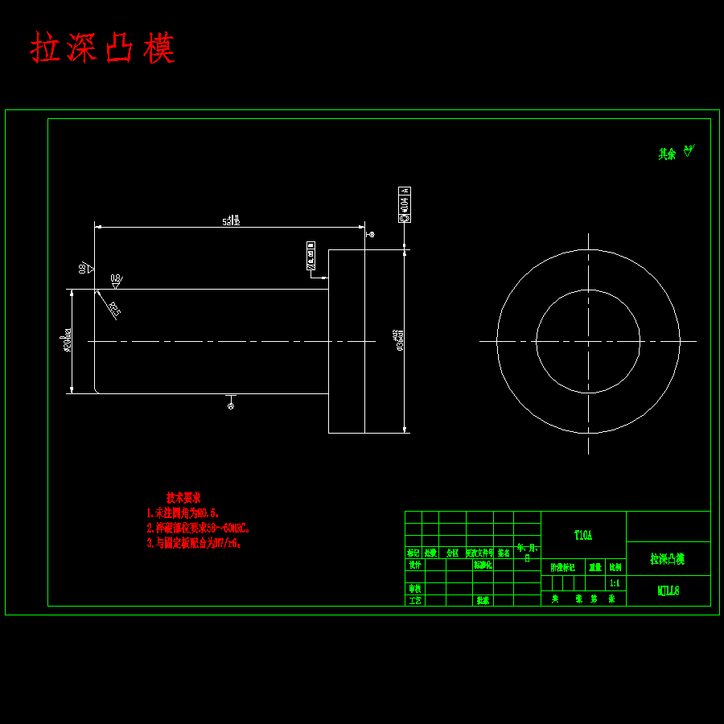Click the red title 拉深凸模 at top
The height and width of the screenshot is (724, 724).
(103, 48)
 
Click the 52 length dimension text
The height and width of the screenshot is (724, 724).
(231, 220)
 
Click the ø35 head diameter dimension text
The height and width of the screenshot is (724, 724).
(400, 340)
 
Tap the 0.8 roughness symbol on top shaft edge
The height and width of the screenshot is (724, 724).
(116, 281)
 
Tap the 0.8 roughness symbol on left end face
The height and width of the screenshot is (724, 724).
(85, 268)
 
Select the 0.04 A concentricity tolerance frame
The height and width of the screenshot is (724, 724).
(404, 204)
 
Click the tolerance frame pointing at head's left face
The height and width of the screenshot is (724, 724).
(311, 254)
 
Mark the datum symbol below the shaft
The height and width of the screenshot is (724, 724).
(232, 405)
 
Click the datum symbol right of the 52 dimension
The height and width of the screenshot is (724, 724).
(372, 234)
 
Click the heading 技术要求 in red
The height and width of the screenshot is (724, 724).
(183, 497)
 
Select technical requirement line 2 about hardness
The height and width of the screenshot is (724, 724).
(197, 528)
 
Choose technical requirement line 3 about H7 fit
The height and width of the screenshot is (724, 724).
(193, 543)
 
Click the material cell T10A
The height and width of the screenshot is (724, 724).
(583, 535)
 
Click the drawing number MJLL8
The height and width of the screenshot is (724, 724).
(668, 591)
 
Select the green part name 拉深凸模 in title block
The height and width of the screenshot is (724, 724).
(667, 558)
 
